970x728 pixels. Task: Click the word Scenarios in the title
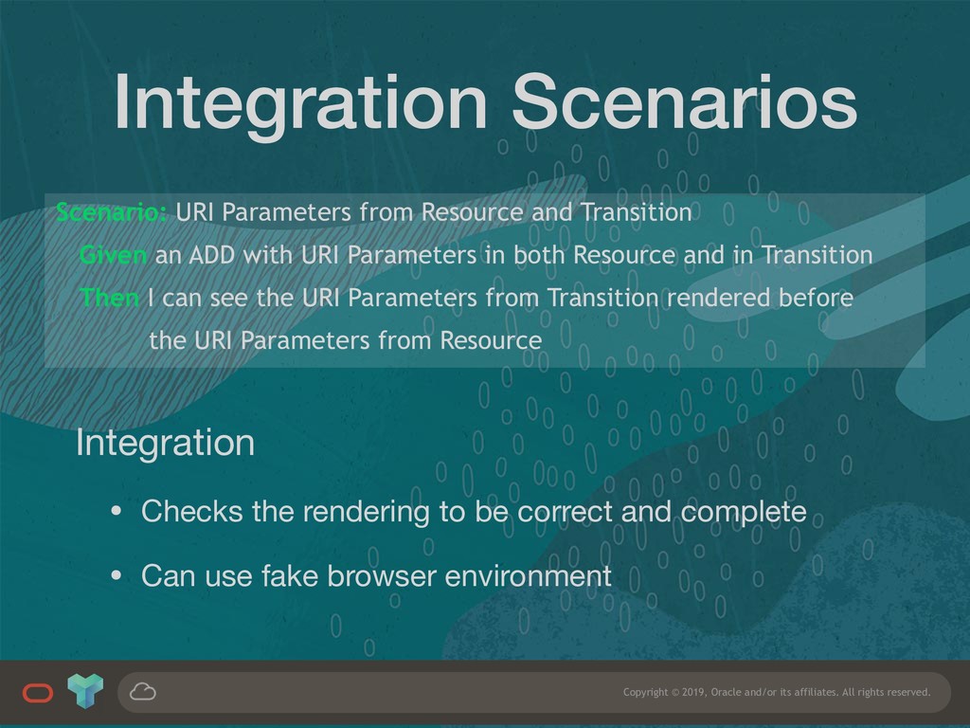pyautogui.click(x=684, y=101)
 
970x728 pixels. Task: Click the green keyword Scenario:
pyautogui.click(x=112, y=212)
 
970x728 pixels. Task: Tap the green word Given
pyautogui.click(x=114, y=255)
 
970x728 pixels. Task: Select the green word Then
pyautogui.click(x=110, y=298)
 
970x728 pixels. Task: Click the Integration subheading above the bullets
pyautogui.click(x=165, y=444)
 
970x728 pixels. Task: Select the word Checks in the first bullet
pyautogui.click(x=191, y=512)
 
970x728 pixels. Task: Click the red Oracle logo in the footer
pyautogui.click(x=38, y=693)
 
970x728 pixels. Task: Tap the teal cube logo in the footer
pyautogui.click(x=85, y=691)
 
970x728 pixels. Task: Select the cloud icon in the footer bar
pyautogui.click(x=143, y=691)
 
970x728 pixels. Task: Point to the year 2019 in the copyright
pyautogui.click(x=693, y=692)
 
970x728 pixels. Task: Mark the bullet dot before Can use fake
pyautogui.click(x=117, y=576)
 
